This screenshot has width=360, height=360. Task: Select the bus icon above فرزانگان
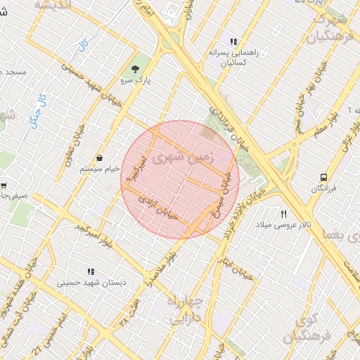point(323,177)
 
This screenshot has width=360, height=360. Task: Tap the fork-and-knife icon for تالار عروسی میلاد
point(284,214)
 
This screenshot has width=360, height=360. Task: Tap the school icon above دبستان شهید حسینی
point(90,271)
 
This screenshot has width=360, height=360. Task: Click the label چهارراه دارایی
point(184,309)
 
